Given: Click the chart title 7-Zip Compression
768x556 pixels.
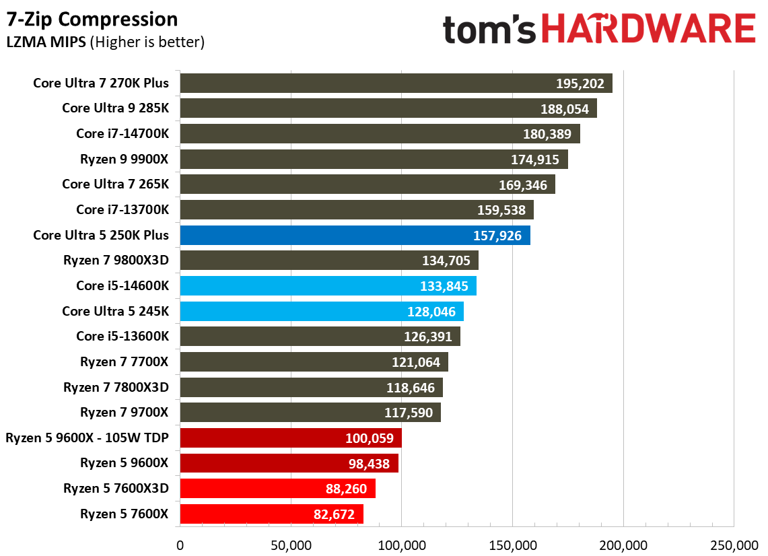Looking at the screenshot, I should (x=92, y=20).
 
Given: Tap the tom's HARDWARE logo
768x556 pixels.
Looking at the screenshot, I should (x=598, y=30).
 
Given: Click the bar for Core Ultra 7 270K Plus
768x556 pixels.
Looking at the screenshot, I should (x=396, y=83).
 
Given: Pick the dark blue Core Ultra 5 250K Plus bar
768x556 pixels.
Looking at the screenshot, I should (x=355, y=236).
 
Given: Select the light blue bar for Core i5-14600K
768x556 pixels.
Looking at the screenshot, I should (x=328, y=286).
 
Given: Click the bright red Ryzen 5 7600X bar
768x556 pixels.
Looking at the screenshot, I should (x=271, y=514).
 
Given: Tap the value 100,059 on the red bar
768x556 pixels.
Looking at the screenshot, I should (x=369, y=439).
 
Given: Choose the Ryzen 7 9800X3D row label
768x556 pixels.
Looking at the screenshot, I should (x=116, y=260).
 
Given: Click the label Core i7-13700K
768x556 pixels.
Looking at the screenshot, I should (x=122, y=209).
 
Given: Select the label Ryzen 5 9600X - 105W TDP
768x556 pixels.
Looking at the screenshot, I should (x=87, y=439).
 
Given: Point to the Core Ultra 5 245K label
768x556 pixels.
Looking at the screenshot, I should (x=115, y=311).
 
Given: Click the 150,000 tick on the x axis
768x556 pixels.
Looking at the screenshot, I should (x=512, y=545).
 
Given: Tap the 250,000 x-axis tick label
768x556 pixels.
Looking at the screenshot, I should (x=734, y=545).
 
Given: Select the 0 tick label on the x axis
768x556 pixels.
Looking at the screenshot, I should (x=180, y=545).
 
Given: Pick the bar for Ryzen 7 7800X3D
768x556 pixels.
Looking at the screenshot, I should (x=311, y=388).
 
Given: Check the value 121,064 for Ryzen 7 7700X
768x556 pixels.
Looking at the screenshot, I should (x=415, y=363).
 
